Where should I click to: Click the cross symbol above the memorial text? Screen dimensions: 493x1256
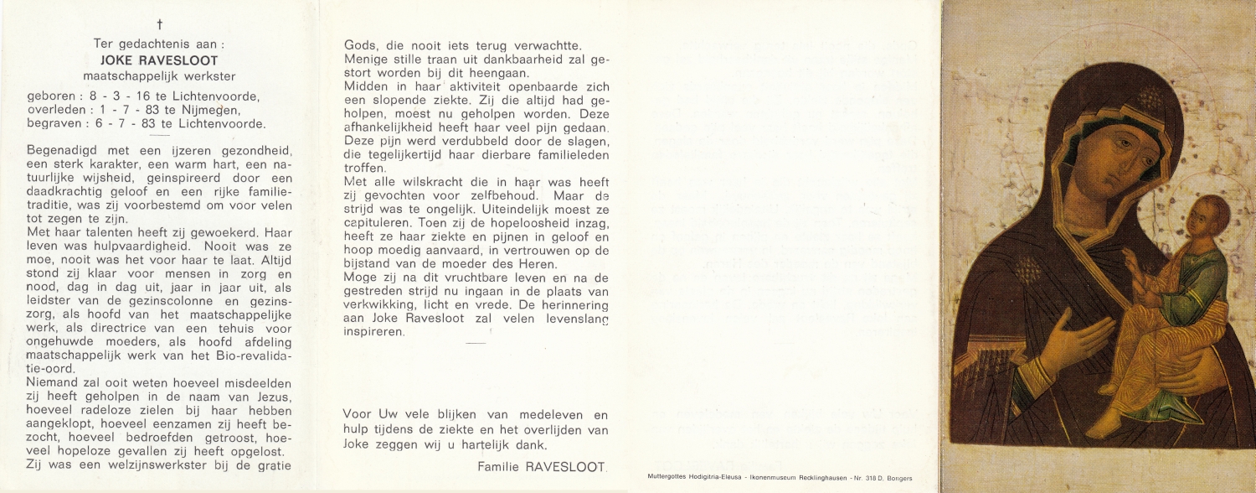click(159, 26)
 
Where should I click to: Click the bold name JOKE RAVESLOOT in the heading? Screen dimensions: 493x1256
click(159, 60)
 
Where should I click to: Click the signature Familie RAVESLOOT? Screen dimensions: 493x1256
click(543, 466)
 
